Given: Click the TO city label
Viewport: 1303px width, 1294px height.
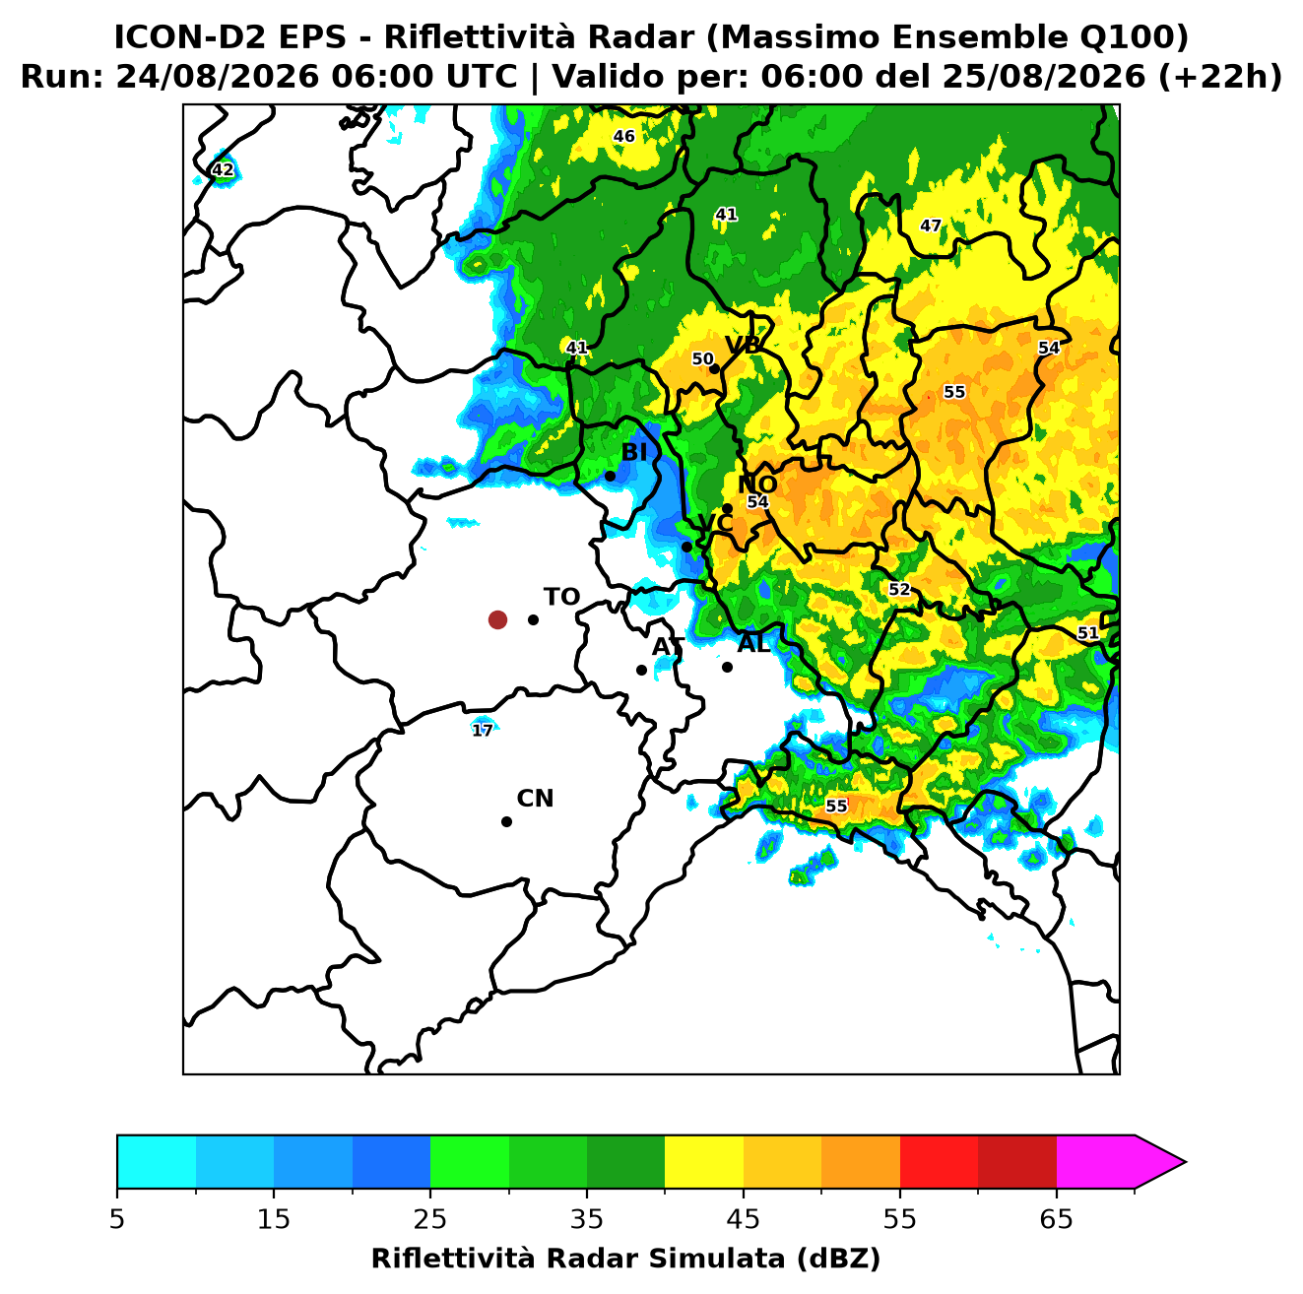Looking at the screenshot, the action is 561,597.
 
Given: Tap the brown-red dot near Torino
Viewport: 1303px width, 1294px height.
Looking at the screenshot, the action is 497,618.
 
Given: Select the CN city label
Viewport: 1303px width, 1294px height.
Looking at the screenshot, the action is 535,799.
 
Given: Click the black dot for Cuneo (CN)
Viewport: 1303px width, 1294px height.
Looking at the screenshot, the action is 506,821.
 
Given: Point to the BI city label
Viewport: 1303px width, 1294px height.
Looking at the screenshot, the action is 633,452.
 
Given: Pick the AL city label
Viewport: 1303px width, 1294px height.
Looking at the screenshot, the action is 753,643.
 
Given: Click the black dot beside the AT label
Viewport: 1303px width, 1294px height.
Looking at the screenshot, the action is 641,670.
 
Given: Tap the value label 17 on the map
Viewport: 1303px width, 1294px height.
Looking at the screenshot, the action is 483,730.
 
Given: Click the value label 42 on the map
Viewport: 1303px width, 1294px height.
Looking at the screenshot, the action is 223,169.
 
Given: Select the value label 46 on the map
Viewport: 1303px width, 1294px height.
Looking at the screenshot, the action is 623,137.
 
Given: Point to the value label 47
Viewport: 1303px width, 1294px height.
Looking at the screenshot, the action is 931,226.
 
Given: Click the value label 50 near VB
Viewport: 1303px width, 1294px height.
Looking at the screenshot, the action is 702,358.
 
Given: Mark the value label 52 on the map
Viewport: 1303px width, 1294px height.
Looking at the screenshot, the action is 898,589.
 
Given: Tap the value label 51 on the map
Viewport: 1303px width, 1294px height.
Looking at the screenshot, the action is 1087,632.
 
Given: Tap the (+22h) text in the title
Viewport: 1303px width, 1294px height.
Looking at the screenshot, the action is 1219,77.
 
